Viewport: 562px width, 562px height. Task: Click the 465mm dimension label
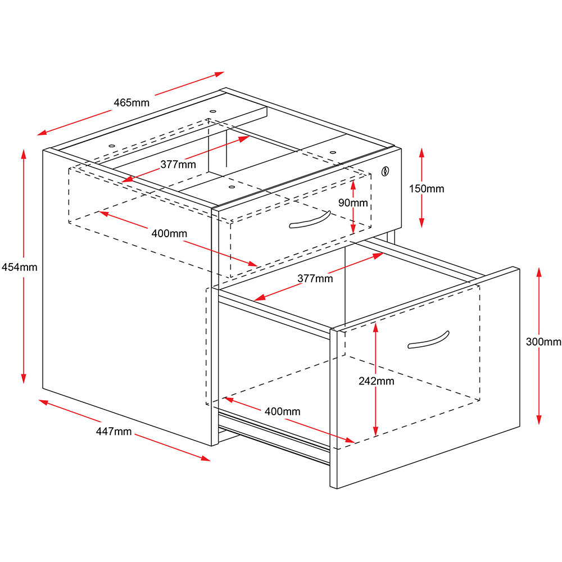point(132,103)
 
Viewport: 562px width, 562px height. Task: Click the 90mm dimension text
point(352,203)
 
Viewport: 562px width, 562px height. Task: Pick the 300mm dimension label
point(543,342)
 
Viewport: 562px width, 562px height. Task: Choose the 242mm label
point(377,381)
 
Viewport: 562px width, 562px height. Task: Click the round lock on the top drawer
point(386,170)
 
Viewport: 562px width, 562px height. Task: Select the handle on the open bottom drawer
point(428,340)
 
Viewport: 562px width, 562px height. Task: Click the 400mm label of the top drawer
point(169,233)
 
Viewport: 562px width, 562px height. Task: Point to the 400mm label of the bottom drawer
point(282,411)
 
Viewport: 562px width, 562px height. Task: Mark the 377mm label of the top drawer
point(178,165)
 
